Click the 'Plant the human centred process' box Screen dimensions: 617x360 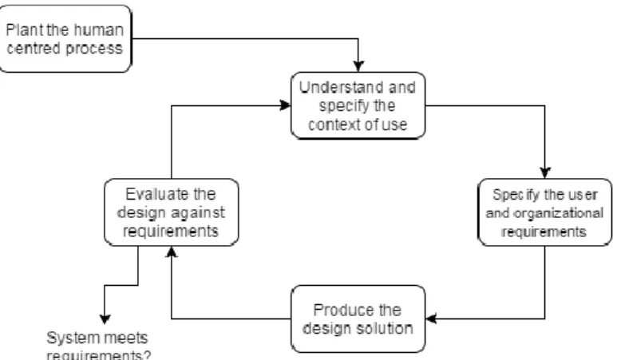coord(65,38)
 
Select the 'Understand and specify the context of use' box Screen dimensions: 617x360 coord(358,105)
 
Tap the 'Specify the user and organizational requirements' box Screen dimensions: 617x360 coord(545,212)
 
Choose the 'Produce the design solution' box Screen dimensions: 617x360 coord(358,318)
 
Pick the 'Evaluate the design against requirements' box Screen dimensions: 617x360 coord(171,212)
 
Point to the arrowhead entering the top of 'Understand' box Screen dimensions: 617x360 coord(358,66)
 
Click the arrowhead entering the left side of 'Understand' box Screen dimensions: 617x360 coord(285,105)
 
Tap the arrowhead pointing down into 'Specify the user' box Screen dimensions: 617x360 coord(545,173)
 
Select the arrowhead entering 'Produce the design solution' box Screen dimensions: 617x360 coord(431,318)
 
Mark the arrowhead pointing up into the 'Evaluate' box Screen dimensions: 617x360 coord(171,251)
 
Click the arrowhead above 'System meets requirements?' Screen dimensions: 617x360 coord(105,319)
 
